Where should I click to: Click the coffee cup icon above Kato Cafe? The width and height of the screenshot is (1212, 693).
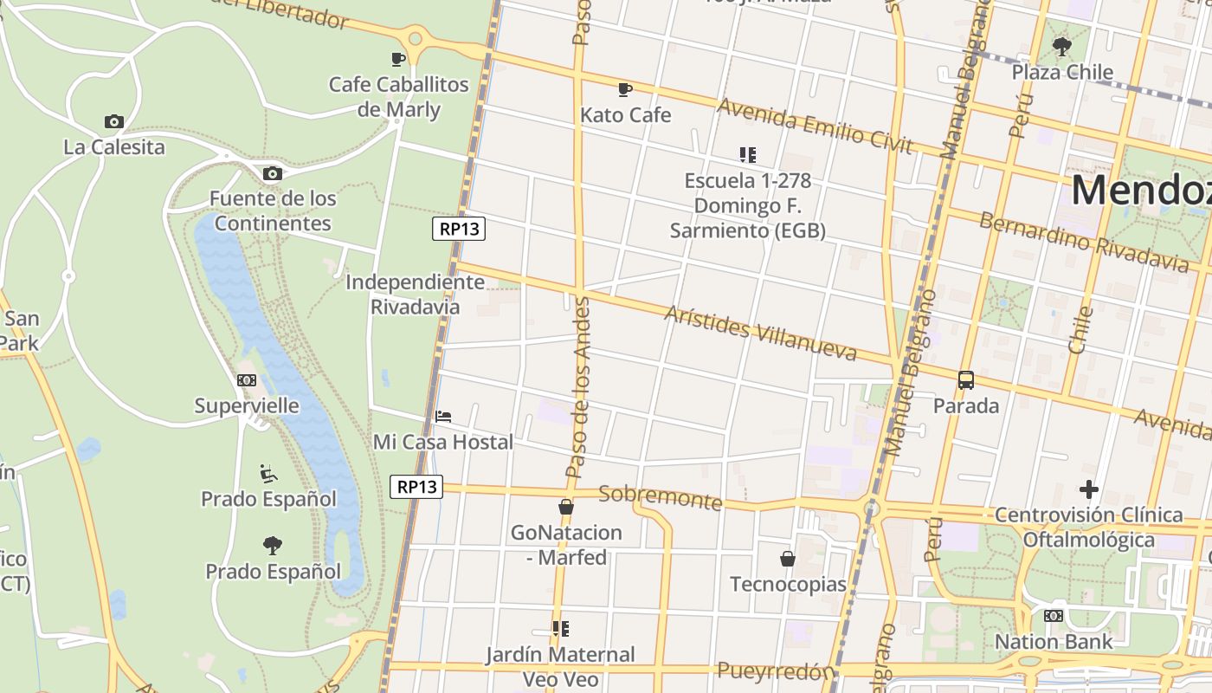(x=624, y=89)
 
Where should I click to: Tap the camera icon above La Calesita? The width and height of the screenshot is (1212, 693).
(x=113, y=121)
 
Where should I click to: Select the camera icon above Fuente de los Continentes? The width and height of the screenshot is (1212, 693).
(x=272, y=173)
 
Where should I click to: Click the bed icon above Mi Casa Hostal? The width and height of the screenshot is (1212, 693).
(x=443, y=417)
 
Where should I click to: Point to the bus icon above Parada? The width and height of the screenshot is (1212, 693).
(x=965, y=379)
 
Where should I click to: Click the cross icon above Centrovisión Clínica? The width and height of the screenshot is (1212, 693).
(x=1088, y=489)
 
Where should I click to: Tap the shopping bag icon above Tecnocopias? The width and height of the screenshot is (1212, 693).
(x=787, y=559)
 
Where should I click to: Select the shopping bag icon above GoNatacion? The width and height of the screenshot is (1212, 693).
(x=565, y=507)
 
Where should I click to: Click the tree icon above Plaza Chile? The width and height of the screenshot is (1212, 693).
(x=1061, y=46)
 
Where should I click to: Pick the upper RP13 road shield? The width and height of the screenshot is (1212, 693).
(x=459, y=229)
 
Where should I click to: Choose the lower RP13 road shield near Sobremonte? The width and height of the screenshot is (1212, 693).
(x=416, y=487)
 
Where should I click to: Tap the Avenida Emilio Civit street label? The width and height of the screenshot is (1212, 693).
(x=815, y=126)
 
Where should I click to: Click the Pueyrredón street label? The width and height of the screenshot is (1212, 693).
(x=775, y=670)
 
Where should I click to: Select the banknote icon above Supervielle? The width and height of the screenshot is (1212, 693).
(x=247, y=380)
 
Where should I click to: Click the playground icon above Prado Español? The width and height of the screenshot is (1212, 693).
(x=268, y=473)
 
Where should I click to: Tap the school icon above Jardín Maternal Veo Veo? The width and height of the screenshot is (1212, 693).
(x=560, y=628)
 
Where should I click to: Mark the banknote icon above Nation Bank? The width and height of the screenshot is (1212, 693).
(x=1053, y=616)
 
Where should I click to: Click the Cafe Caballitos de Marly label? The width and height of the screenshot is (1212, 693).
(x=399, y=97)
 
